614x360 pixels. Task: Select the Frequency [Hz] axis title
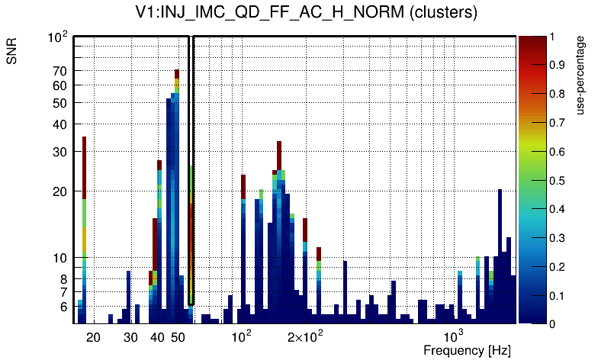tap(467, 350)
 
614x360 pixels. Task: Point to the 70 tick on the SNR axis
tap(59, 71)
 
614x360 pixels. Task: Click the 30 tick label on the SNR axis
tap(59, 152)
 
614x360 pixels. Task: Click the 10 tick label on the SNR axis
tap(59, 258)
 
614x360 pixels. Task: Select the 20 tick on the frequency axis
tap(93, 336)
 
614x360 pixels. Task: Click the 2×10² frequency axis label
tap(305, 336)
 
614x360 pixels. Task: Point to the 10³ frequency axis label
tap(454, 336)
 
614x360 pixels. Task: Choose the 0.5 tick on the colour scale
tap(556, 181)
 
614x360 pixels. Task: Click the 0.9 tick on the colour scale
tap(556, 66)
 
